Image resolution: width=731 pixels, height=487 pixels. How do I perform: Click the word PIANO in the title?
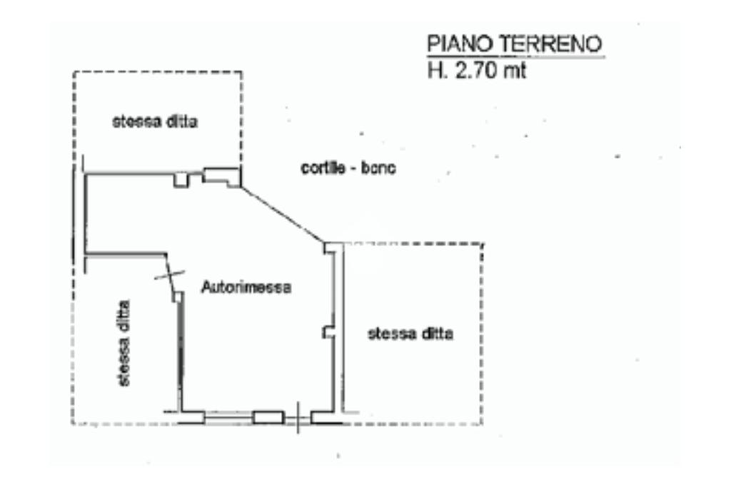451,45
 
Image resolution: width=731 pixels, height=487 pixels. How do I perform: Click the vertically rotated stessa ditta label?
125,342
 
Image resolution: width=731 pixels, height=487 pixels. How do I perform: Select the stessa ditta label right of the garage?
410,333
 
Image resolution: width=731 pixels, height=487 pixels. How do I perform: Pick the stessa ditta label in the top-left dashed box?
154,121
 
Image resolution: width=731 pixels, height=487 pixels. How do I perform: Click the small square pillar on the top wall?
181,180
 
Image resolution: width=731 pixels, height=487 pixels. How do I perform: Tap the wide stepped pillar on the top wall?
221,176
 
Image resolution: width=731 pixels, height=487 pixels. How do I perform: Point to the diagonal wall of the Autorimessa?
282,214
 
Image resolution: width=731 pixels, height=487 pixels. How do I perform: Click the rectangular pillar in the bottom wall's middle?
268,417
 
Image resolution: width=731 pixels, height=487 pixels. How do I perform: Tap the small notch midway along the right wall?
328,332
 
